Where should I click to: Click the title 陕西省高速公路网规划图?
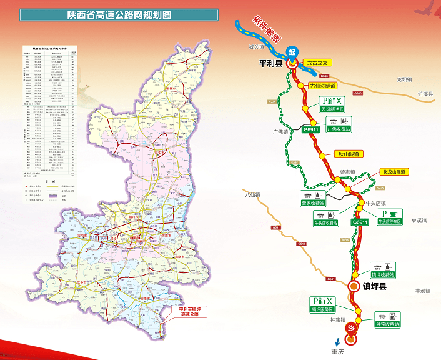point(119,15)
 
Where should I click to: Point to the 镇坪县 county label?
point(375,286)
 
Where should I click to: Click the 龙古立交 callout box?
point(317,63)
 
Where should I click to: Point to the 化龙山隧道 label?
point(394,172)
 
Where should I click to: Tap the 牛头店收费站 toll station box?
point(326,218)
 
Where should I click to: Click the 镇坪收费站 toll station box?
point(383,271)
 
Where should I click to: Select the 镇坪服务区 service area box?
point(323,304)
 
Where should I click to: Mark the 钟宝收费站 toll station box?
point(387,320)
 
